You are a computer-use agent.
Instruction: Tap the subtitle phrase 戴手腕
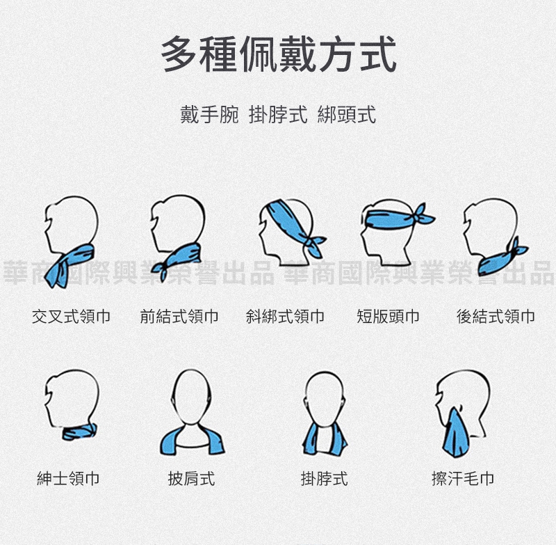pos(209,115)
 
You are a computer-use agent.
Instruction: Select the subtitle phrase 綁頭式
pos(346,115)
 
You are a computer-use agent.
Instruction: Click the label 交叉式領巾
pos(72,316)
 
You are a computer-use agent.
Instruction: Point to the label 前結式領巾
pos(179,316)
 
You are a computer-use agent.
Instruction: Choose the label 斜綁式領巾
pos(285,316)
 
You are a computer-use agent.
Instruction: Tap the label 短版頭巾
pos(388,316)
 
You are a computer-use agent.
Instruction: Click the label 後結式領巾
pos(496,316)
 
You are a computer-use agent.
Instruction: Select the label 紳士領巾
pos(68,478)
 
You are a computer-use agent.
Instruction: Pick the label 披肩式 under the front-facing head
pos(192,478)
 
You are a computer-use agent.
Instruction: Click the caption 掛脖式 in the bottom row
pos(324,478)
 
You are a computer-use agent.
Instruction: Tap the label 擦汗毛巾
pos(463,478)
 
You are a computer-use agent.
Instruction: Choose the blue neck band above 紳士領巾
pos(79,432)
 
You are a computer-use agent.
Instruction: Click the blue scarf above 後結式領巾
pos(502,258)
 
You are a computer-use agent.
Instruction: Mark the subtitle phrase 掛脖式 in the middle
pos(278,115)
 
